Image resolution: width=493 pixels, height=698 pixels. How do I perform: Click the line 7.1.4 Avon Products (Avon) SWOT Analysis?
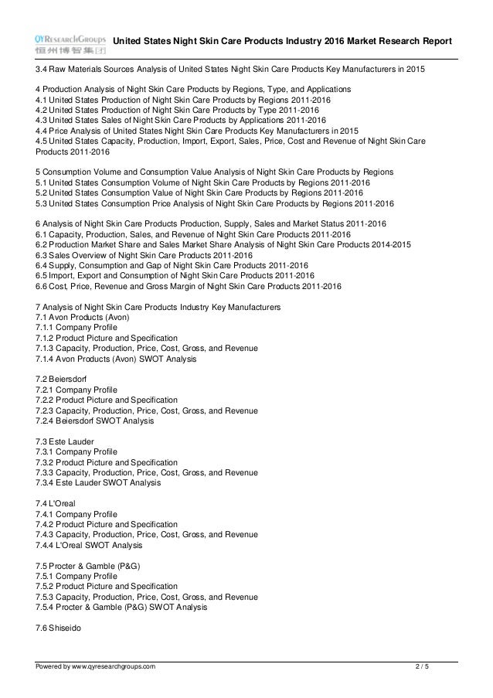point(115,359)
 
